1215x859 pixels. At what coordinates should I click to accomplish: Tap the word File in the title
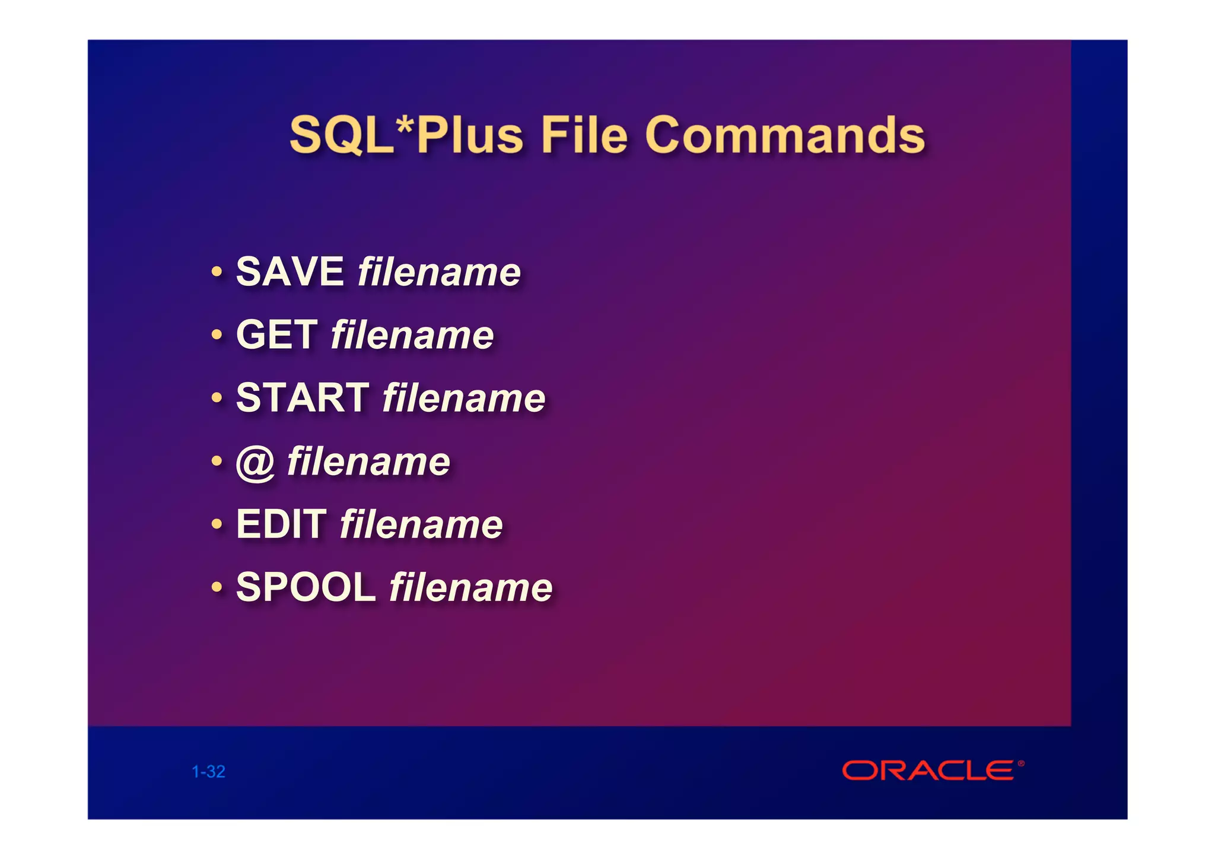pos(584,135)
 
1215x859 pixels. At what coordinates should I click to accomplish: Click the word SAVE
pos(290,272)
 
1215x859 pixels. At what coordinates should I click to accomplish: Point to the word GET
pos(276,335)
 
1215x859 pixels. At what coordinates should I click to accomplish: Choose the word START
pos(303,397)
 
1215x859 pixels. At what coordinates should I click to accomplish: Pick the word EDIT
pos(281,524)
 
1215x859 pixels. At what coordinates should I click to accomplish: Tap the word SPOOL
pos(306,587)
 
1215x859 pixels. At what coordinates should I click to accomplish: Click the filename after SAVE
pos(439,272)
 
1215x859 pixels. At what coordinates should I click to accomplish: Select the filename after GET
pos(412,335)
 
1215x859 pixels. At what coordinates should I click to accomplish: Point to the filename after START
pos(464,397)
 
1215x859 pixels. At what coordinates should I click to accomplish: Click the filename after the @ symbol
pos(368,462)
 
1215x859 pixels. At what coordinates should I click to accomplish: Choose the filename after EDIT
pos(421,524)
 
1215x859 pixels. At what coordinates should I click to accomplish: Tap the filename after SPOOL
pos(471,587)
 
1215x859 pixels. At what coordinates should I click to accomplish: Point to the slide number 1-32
pos(208,772)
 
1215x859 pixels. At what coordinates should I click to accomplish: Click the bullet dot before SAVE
pos(217,272)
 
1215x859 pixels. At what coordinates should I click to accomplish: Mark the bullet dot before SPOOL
pos(217,588)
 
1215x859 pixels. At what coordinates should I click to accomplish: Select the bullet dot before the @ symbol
pos(217,461)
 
